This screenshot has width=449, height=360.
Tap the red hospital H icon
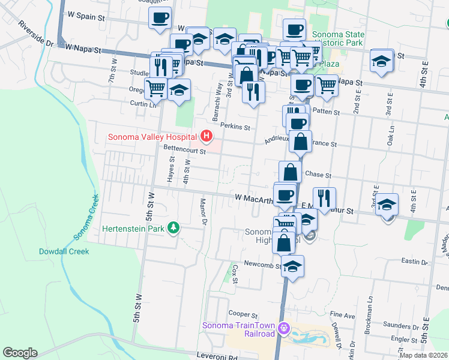(208, 137)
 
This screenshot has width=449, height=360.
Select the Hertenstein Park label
(133, 228)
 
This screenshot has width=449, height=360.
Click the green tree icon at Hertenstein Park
(173, 227)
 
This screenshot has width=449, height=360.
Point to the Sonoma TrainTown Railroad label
(238, 329)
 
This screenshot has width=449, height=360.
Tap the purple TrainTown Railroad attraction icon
(284, 329)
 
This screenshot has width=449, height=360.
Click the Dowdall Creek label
(64, 251)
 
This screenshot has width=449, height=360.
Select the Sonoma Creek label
(84, 216)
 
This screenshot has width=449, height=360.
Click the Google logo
(20, 353)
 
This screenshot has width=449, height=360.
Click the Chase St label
(318, 175)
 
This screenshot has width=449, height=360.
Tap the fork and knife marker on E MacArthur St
(324, 198)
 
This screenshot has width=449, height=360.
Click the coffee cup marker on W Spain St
(160, 17)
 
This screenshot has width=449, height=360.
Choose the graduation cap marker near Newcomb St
(293, 265)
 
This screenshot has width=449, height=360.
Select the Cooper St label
(243, 314)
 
